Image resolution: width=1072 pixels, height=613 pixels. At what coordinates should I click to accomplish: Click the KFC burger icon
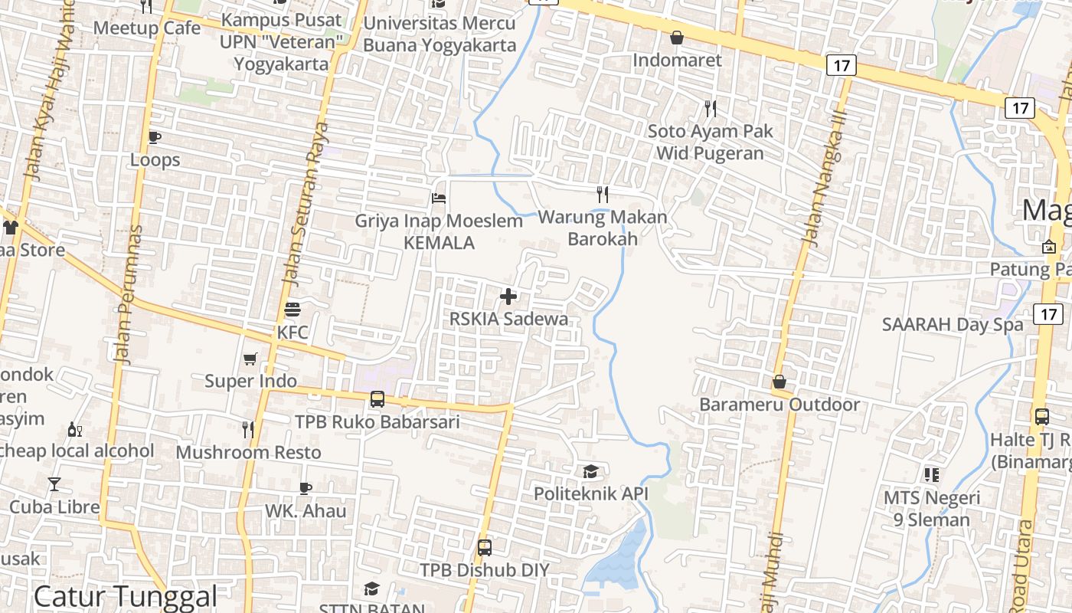293,310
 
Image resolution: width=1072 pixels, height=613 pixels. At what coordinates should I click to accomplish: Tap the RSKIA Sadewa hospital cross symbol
508,297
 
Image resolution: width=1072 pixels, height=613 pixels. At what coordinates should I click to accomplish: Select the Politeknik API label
590,493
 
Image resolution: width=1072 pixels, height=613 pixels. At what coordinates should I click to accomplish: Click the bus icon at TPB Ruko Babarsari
377,399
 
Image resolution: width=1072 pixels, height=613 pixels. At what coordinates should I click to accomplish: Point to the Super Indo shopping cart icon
250,359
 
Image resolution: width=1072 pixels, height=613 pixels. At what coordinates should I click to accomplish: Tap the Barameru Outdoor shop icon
779,382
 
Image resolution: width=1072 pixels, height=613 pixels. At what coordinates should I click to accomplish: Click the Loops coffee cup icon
155,137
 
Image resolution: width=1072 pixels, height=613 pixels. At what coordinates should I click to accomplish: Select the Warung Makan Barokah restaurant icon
603,195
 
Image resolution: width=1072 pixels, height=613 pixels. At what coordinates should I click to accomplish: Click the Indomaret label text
677,60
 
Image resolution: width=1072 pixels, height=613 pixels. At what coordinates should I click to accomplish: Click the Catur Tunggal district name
126,596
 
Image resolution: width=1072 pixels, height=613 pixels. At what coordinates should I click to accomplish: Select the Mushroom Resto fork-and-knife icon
248,430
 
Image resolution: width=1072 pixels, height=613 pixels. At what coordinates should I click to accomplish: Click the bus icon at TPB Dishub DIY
485,548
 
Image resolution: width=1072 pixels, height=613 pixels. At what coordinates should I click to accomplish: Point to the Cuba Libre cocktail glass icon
54,484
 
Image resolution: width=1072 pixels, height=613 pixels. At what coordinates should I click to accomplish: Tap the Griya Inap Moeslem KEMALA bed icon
439,198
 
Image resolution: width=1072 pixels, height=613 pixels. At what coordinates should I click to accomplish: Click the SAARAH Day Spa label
952,324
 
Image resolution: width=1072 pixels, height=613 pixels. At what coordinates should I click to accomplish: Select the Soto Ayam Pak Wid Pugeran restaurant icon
711,109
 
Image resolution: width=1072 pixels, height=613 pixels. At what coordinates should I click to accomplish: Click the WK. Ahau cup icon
306,488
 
